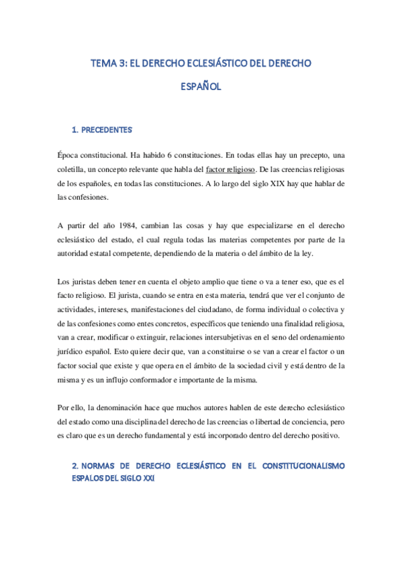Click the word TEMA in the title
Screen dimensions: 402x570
click(x=103, y=64)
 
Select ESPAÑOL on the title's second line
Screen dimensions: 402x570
click(x=201, y=87)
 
